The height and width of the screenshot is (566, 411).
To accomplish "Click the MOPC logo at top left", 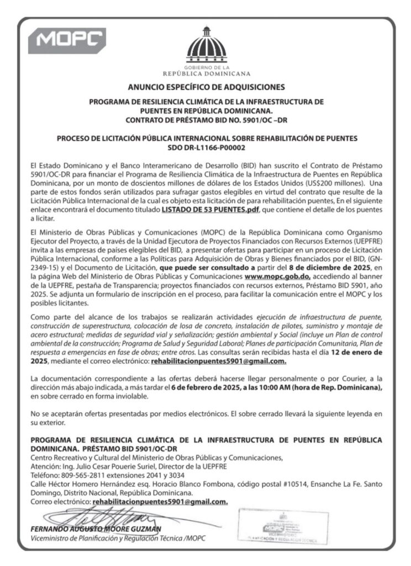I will click(71, 39).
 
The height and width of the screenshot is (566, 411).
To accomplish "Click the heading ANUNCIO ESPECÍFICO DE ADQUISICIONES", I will click(205, 87).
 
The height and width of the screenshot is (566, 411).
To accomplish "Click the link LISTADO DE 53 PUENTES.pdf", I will click(209, 211).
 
